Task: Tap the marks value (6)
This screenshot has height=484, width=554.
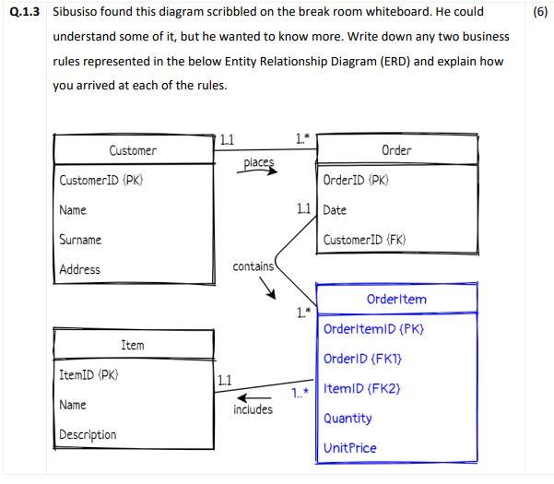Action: pyautogui.click(x=540, y=13)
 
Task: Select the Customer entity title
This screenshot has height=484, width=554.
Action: pyautogui.click(x=133, y=150)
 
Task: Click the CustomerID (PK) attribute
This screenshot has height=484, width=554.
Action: pyautogui.click(x=101, y=181)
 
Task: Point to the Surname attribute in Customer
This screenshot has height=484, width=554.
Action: pyautogui.click(x=80, y=240)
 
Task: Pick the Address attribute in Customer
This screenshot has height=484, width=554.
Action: pyautogui.click(x=79, y=269)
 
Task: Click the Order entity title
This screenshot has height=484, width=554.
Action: pyautogui.click(x=395, y=150)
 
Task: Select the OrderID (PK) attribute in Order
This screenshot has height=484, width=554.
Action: pyautogui.click(x=356, y=181)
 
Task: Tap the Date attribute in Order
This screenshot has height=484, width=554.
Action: pyautogui.click(x=335, y=210)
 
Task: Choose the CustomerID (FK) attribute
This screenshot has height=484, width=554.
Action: pyautogui.click(x=364, y=240)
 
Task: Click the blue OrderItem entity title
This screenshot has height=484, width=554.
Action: pyautogui.click(x=396, y=299)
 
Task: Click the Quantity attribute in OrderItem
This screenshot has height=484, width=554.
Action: pyautogui.click(x=348, y=418)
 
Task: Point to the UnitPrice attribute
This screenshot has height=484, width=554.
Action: pyautogui.click(x=350, y=448)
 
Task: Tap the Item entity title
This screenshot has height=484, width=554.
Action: pyautogui.click(x=133, y=345)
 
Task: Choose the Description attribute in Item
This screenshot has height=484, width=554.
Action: pyautogui.click(x=88, y=434)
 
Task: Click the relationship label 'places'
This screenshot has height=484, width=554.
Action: pyautogui.click(x=259, y=163)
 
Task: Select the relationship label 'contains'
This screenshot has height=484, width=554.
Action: pyautogui.click(x=253, y=266)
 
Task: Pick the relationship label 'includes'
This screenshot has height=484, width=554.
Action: pyautogui.click(x=253, y=408)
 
